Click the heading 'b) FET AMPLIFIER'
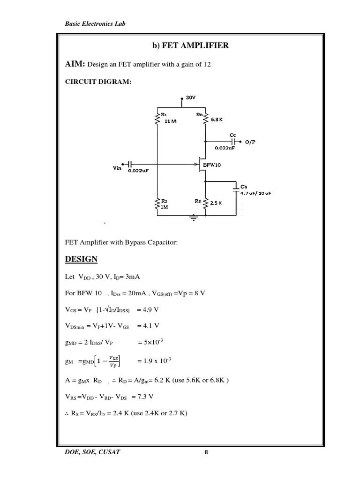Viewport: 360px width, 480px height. tap(190, 45)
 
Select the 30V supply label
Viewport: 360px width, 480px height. tap(190, 97)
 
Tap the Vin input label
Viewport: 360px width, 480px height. tap(117, 168)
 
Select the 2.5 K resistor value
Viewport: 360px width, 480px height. tap(216, 203)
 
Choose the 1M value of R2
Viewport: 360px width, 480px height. tap(165, 207)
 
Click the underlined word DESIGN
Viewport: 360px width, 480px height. tap(81, 259)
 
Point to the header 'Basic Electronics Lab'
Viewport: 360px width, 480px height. tap(95, 23)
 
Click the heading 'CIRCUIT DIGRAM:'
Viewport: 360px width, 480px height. tap(98, 82)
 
